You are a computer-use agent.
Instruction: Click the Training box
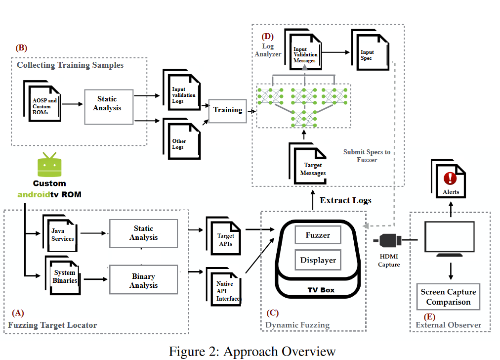228,110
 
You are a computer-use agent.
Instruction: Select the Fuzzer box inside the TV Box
318,235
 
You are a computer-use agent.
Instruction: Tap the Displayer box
318,260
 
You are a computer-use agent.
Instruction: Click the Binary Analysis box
143,280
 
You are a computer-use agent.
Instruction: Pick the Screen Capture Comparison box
448,297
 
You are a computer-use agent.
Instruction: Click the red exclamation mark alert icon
450,178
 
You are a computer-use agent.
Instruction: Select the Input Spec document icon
368,53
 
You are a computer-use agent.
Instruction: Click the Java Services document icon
62,233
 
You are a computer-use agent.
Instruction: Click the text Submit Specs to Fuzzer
367,156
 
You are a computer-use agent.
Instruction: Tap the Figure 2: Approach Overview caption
252,351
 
